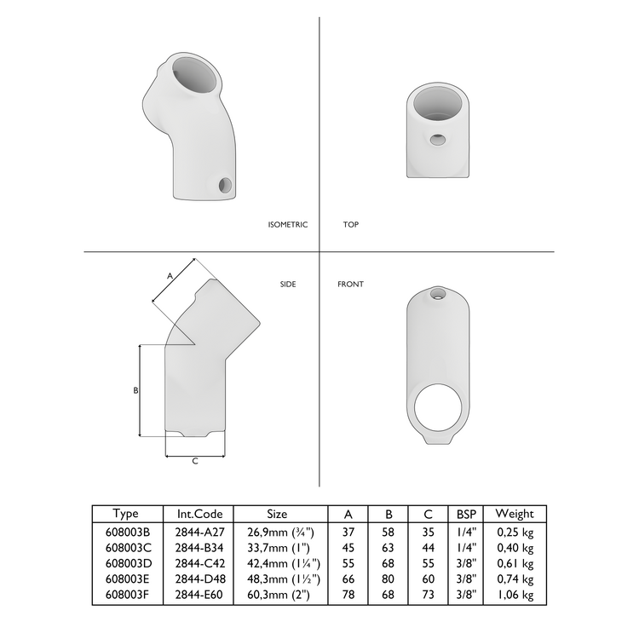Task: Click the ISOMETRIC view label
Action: pyautogui.click(x=287, y=225)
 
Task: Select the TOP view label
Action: pyautogui.click(x=350, y=225)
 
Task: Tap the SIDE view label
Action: pyautogui.click(x=288, y=284)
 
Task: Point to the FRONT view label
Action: pyautogui.click(x=350, y=284)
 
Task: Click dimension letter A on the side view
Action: pyautogui.click(x=170, y=276)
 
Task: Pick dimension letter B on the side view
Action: pyautogui.click(x=135, y=390)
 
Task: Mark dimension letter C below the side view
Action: pyautogui.click(x=195, y=461)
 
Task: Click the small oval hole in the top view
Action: pyautogui.click(x=437, y=139)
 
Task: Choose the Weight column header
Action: pyautogui.click(x=515, y=514)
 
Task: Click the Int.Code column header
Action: pyautogui.click(x=199, y=514)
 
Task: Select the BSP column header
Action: pyautogui.click(x=466, y=514)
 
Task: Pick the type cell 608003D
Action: pyautogui.click(x=126, y=563)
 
